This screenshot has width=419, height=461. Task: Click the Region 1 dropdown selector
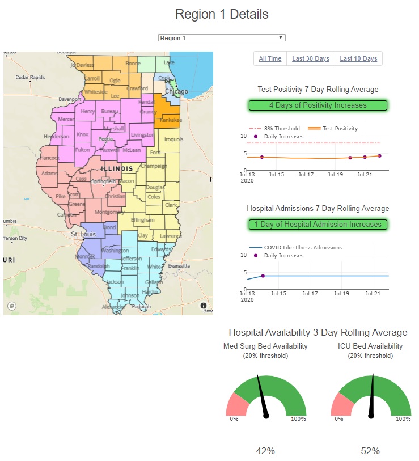(x=222, y=38)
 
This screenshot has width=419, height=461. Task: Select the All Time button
(x=270, y=58)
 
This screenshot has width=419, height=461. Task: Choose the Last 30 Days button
(x=311, y=58)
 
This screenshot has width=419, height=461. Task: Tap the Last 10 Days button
(x=358, y=58)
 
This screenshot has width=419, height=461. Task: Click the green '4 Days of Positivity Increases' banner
(x=318, y=105)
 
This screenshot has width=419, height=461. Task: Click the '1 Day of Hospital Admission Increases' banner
(x=318, y=225)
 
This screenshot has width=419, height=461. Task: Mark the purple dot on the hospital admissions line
(x=263, y=276)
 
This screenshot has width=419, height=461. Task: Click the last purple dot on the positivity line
(x=379, y=155)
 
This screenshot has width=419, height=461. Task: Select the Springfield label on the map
(x=103, y=181)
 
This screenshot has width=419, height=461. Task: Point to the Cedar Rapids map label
(x=30, y=78)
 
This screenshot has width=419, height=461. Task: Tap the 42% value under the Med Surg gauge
(x=265, y=451)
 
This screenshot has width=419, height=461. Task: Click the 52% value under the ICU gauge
(x=370, y=451)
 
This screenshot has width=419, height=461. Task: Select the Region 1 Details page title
(x=222, y=14)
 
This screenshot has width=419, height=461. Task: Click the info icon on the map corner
(x=204, y=306)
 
